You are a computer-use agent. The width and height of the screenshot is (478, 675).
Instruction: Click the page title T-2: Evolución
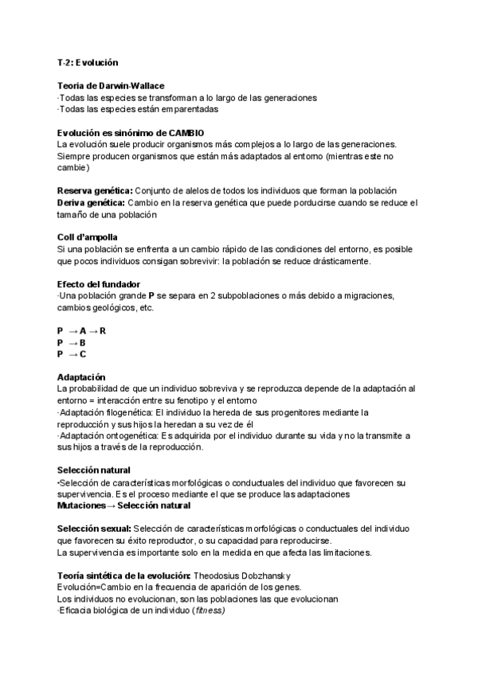(88, 61)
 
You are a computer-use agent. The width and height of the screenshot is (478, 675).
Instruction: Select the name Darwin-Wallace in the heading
(138, 85)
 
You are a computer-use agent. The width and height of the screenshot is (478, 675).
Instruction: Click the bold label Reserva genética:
(95, 190)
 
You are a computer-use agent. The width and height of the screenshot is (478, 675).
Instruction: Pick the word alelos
(194, 190)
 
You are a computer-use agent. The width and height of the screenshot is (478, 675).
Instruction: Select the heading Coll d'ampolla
(88, 237)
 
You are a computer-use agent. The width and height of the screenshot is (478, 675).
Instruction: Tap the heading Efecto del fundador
(99, 284)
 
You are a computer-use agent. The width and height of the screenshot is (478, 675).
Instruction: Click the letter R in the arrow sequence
(103, 330)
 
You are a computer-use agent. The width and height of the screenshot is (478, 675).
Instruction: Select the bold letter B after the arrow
(83, 342)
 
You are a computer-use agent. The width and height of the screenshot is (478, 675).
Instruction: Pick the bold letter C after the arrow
(83, 354)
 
